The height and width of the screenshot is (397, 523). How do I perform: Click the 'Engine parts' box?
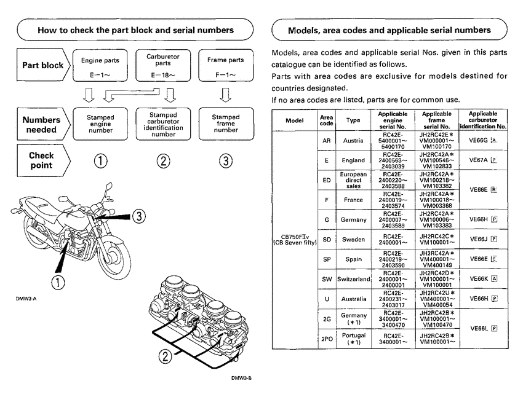pos(100,66)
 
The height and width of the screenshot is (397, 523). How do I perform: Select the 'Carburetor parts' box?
pos(163,66)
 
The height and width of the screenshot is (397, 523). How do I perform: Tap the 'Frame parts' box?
pos(226,66)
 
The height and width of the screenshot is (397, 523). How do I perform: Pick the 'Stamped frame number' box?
pos(226,122)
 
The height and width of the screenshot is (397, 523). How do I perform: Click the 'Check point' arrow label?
pos(42,161)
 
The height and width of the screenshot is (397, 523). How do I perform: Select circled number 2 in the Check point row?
pos(163,161)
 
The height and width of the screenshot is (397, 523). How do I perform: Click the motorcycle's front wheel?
pos(113,252)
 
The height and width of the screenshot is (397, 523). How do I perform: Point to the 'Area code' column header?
pos(327,120)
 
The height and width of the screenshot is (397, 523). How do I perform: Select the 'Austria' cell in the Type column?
pos(354,140)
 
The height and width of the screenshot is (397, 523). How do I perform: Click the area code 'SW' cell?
pos(327,279)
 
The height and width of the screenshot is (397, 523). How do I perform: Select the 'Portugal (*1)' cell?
pos(354,339)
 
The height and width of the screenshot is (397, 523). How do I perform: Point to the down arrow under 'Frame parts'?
pos(226,95)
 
